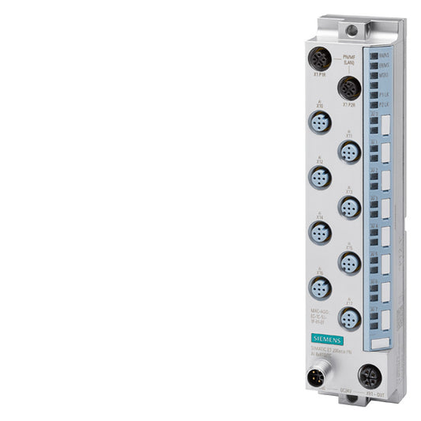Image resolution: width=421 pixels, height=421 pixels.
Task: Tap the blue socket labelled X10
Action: pos(319,122)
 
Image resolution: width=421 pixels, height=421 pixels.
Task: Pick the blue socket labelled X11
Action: pos(348,152)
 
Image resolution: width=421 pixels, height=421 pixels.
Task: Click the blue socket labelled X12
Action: pos(319,179)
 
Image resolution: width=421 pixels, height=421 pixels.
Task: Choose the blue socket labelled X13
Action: pos(348,207)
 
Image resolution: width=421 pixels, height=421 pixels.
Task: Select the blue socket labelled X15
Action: pos(348,261)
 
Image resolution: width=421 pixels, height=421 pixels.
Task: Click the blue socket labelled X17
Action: pos(348,318)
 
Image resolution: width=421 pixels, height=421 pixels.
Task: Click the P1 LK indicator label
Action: pos(383,94)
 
